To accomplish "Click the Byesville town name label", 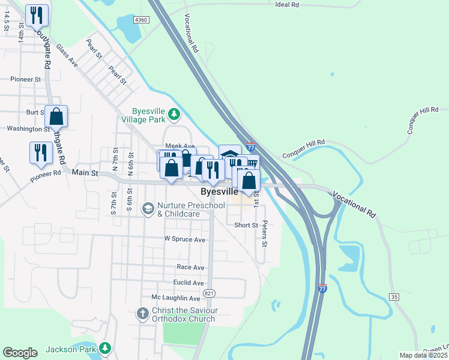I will coord(219,192).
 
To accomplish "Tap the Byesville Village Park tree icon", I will coord(174,113).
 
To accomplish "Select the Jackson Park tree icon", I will coord(105,348).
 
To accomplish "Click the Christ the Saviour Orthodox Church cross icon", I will coord(142,313).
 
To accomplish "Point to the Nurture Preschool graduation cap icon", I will coord(147,208).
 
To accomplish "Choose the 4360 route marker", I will coord(142,20).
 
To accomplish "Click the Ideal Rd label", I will coord(286,5).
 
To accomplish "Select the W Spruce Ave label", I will coord(184,239).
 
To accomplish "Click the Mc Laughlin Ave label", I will coord(175,298).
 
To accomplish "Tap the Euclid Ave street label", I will coord(188,283).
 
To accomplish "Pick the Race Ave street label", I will coord(190,267).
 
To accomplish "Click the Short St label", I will coord(246,225).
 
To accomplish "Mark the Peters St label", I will coord(264,236).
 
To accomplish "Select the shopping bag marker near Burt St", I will coord(56,116).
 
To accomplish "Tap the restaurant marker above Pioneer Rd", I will coord(41,152).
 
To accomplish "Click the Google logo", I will coord(20,353).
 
